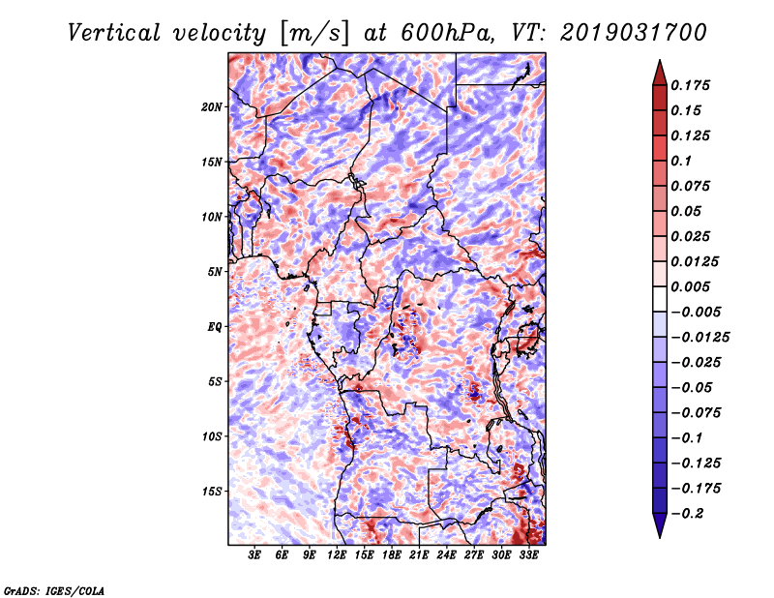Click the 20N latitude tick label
click(x=212, y=107)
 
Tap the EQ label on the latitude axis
click(x=215, y=327)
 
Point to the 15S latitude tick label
click(x=212, y=492)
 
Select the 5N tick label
click(x=215, y=272)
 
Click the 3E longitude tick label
click(x=254, y=555)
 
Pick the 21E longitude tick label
click(x=419, y=555)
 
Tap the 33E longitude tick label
click(x=528, y=555)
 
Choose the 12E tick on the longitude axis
click(x=336, y=555)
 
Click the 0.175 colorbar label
click(x=690, y=85)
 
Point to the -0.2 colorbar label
click(x=687, y=514)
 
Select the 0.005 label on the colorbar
click(x=690, y=286)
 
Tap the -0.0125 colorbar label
click(x=700, y=338)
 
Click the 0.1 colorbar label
click(x=681, y=161)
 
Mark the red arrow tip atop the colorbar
click(x=660, y=61)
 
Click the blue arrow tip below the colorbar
click(x=660, y=537)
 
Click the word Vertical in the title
click(x=114, y=33)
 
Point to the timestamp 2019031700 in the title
click(x=634, y=33)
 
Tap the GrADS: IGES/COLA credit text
click(x=54, y=590)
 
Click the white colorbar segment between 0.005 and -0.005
click(x=660, y=299)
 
